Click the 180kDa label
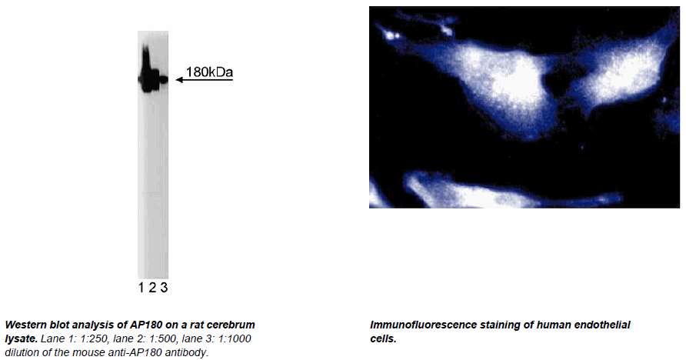coord(209,72)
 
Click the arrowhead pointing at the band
coord(179,79)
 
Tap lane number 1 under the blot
coord(141,288)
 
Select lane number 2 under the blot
coord(152,288)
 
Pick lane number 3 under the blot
coord(164,288)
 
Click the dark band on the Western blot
coord(152,79)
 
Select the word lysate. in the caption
coord(21,338)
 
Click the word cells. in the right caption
coord(383,338)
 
